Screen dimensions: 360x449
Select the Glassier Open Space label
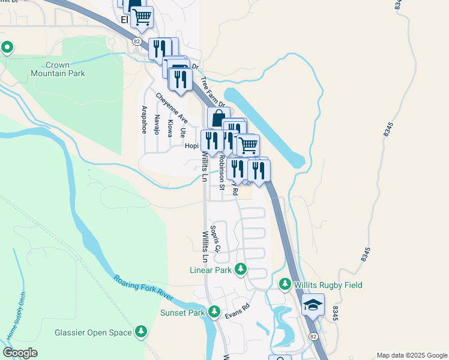[92, 332]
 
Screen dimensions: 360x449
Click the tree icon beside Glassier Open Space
[141, 331]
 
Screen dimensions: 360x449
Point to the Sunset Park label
[182, 313]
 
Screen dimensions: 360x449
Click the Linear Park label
[211, 270]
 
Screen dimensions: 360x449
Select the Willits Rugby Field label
[328, 285]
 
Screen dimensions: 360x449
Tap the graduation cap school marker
[313, 306]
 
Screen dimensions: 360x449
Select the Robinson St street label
[221, 173]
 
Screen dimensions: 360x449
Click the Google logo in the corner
[20, 352]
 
